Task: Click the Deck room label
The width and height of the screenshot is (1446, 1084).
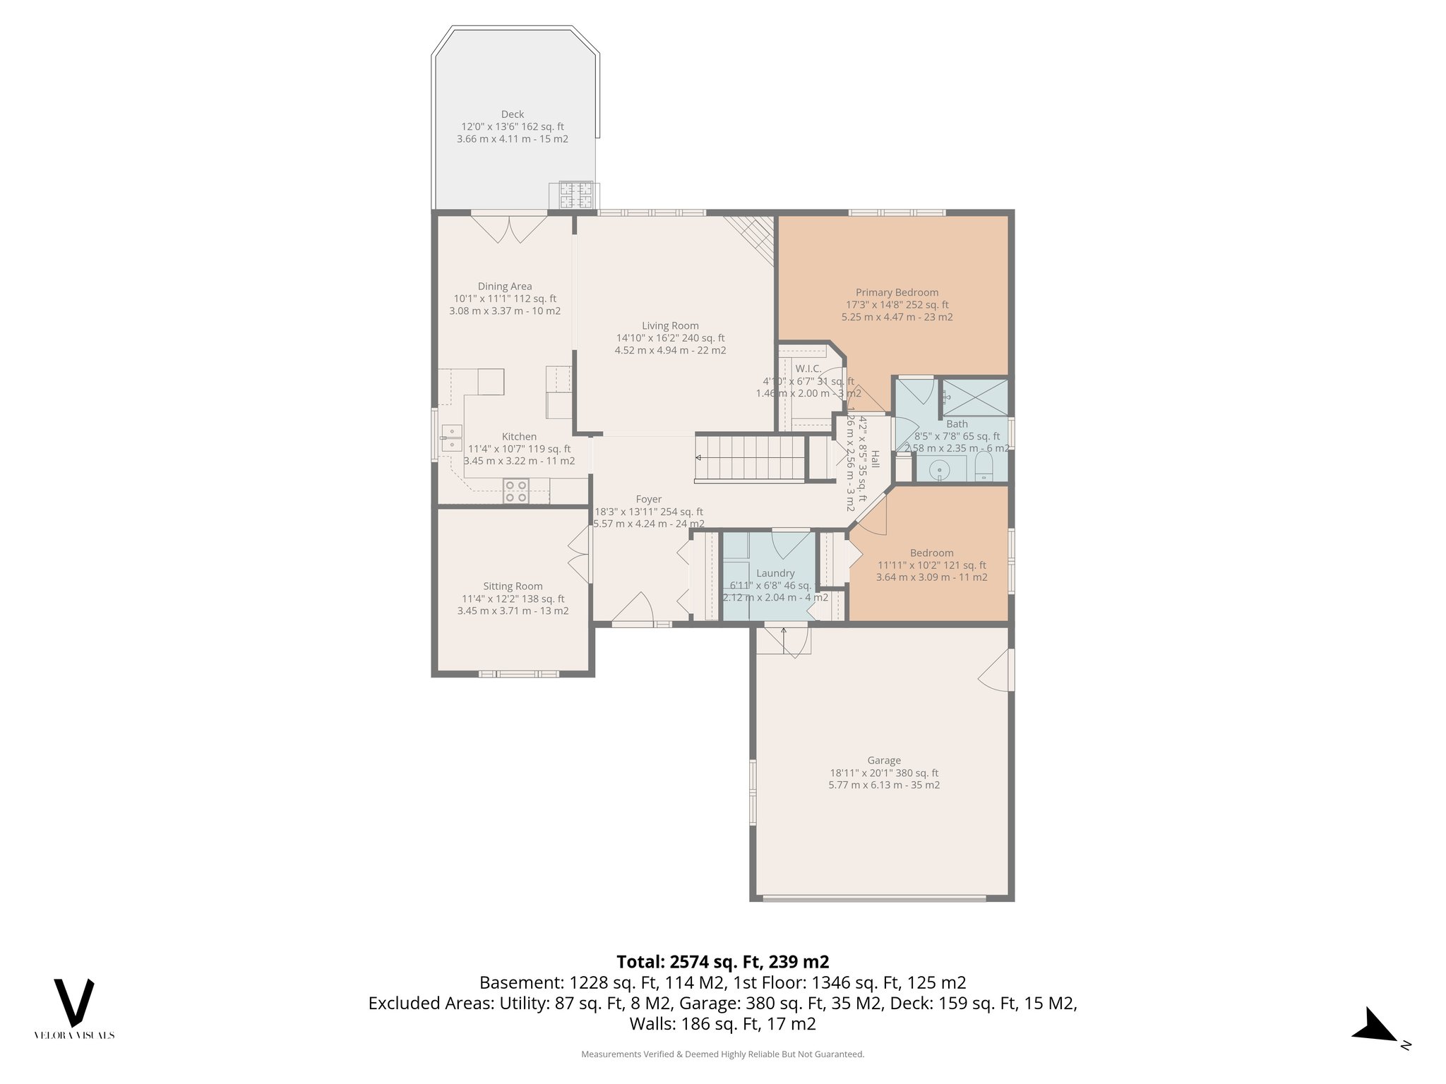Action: [x=513, y=114]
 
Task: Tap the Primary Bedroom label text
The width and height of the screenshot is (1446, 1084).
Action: [x=897, y=292]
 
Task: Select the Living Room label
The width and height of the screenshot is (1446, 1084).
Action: [x=670, y=325]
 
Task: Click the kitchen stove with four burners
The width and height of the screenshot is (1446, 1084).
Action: [x=516, y=491]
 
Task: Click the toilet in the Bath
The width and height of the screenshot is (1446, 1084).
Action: [x=984, y=466]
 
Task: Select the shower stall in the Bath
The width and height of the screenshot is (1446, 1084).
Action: [x=975, y=397]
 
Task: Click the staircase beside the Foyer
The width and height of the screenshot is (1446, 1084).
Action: [x=750, y=458]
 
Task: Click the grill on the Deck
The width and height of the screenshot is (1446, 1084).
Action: [x=575, y=195]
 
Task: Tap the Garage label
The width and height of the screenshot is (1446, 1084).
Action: [x=884, y=760]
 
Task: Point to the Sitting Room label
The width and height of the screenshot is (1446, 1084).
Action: [x=513, y=586]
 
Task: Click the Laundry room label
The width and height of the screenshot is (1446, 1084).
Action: [x=775, y=573]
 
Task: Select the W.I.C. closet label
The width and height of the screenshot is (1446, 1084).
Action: [x=808, y=368]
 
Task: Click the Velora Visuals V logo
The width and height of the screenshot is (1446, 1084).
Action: [x=74, y=1002]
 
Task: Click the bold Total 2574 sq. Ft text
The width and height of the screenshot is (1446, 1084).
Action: [x=722, y=961]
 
